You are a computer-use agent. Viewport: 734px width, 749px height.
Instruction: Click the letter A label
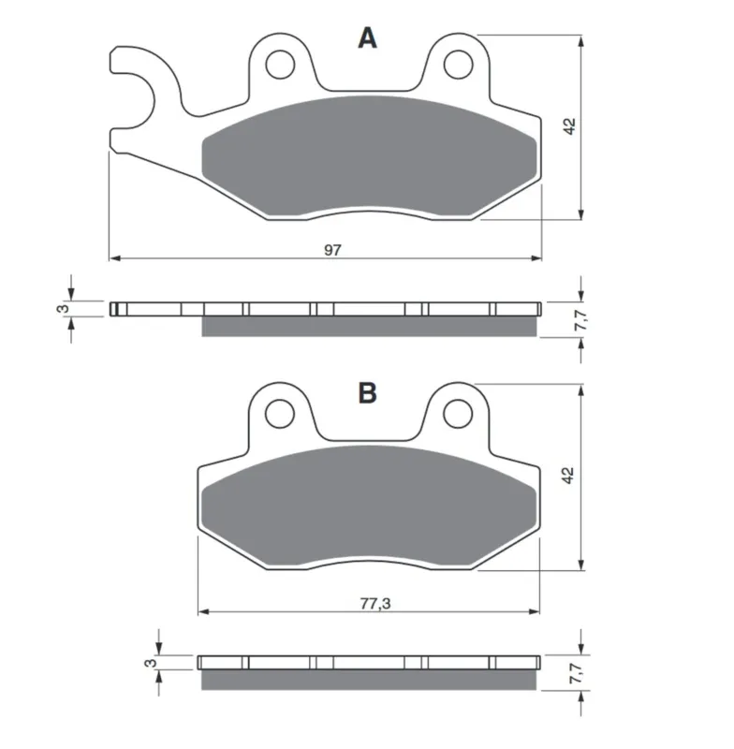367,37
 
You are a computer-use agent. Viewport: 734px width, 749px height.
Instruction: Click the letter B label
367,393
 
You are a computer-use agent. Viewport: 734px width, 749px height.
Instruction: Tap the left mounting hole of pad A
280,64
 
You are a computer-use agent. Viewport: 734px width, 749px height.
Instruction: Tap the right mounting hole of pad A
459,64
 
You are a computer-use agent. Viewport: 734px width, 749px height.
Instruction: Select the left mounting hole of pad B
279,414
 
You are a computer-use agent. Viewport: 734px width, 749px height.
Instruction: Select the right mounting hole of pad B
458,414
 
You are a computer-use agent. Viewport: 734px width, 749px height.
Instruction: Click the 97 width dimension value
333,250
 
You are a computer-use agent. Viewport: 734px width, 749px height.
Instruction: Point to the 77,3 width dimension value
375,604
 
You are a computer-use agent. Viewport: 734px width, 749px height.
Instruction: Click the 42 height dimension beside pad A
570,126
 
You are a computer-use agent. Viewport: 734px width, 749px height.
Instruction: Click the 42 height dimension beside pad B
568,476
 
